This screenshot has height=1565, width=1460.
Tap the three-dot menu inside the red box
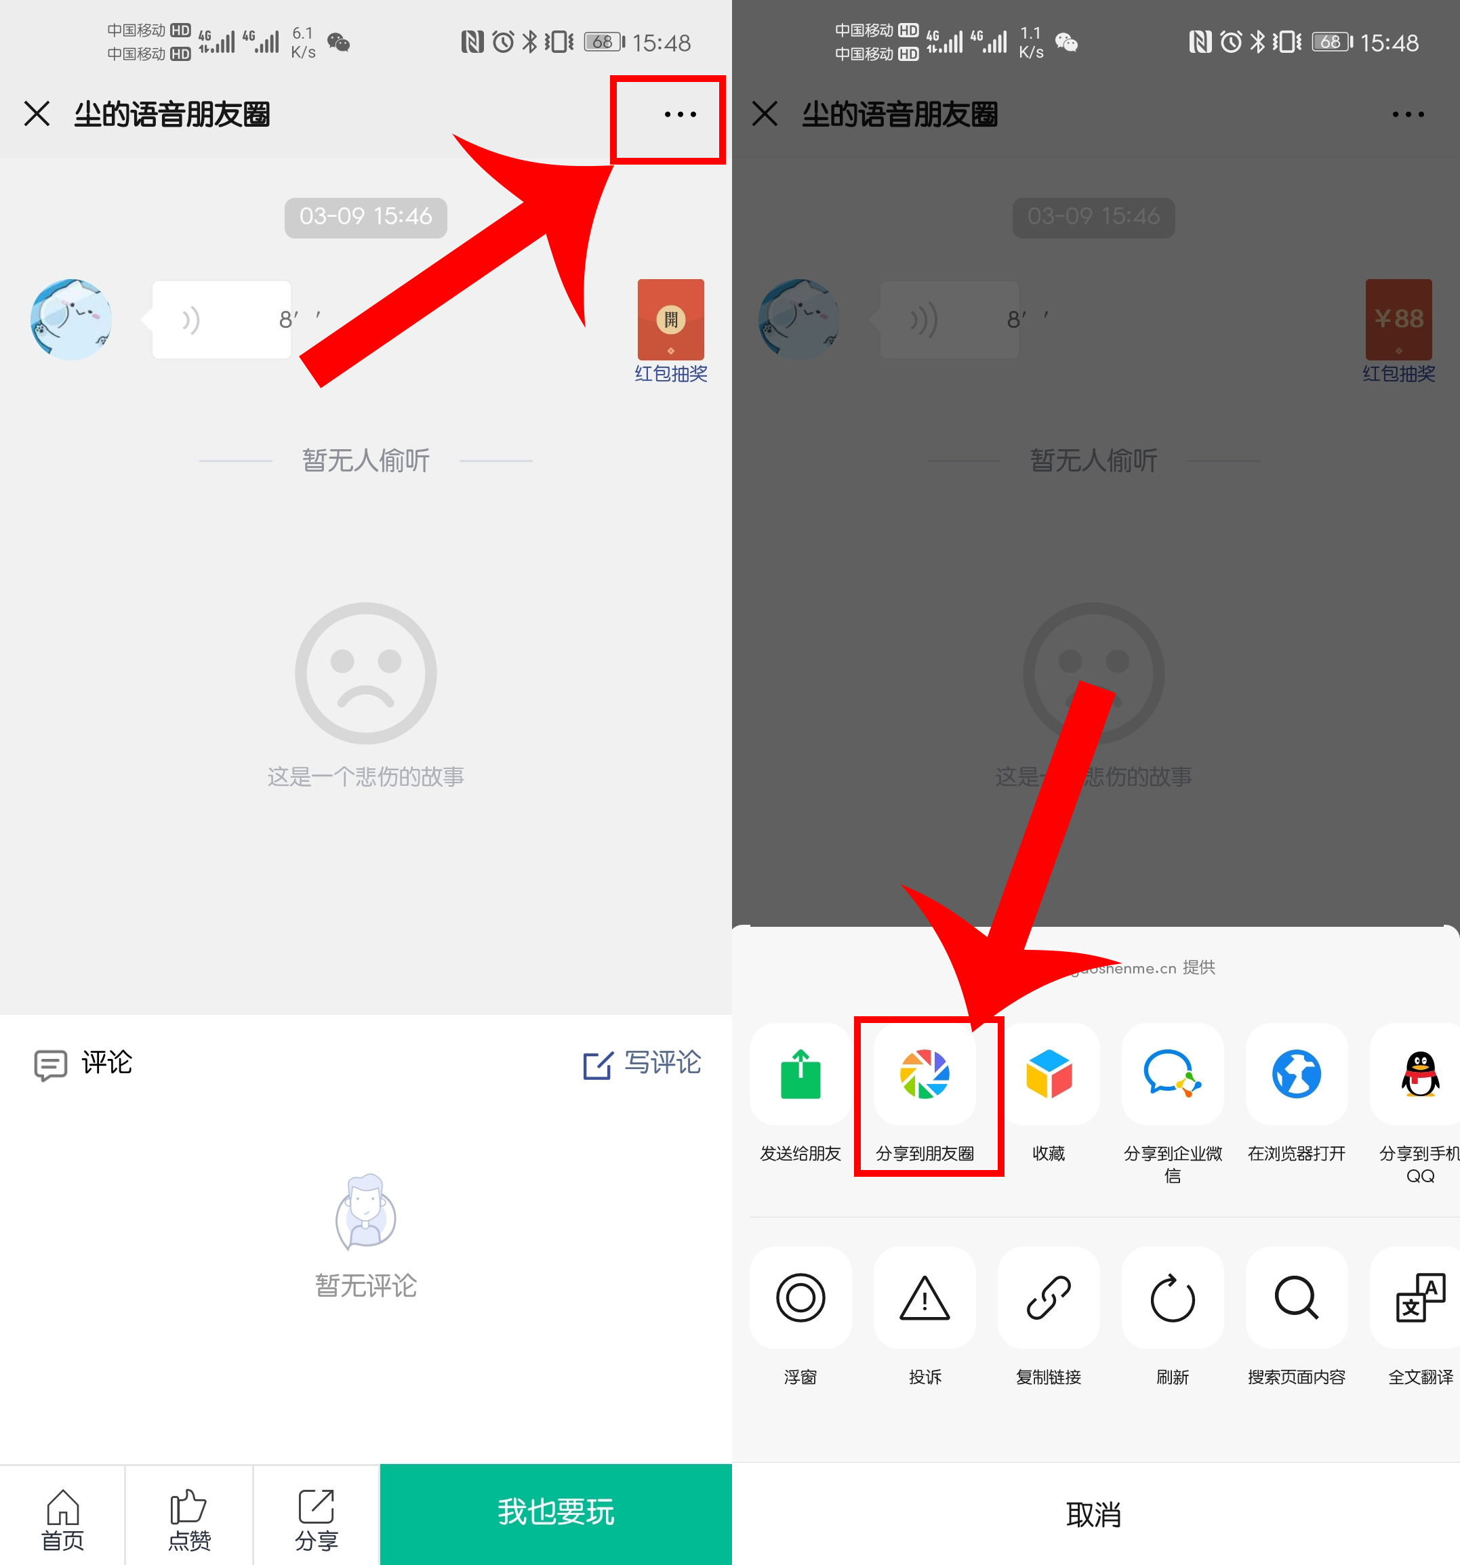click(680, 115)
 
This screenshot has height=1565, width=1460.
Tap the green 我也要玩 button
click(555, 1512)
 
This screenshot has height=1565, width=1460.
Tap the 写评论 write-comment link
click(642, 1064)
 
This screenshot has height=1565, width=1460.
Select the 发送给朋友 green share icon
click(800, 1074)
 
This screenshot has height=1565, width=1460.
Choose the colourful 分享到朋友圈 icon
click(925, 1074)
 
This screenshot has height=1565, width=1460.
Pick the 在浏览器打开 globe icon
click(1296, 1074)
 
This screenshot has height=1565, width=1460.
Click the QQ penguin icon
click(1420, 1074)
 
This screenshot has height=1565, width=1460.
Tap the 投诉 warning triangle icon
click(925, 1298)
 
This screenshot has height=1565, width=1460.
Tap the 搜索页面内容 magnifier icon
click(1296, 1298)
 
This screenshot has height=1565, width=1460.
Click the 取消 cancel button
click(1094, 1514)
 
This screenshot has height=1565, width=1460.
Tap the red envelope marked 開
click(670, 320)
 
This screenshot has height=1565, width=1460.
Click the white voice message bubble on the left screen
click(221, 320)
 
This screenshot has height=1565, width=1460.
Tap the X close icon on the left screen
click(37, 114)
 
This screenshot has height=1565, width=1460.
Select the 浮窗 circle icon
click(800, 1298)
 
